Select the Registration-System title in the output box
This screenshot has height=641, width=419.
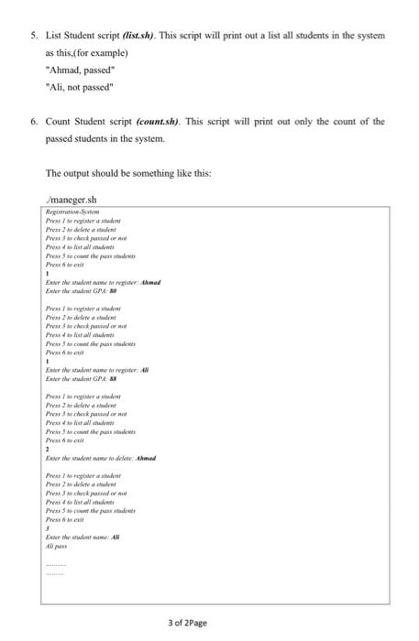pyautogui.click(x=74, y=212)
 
